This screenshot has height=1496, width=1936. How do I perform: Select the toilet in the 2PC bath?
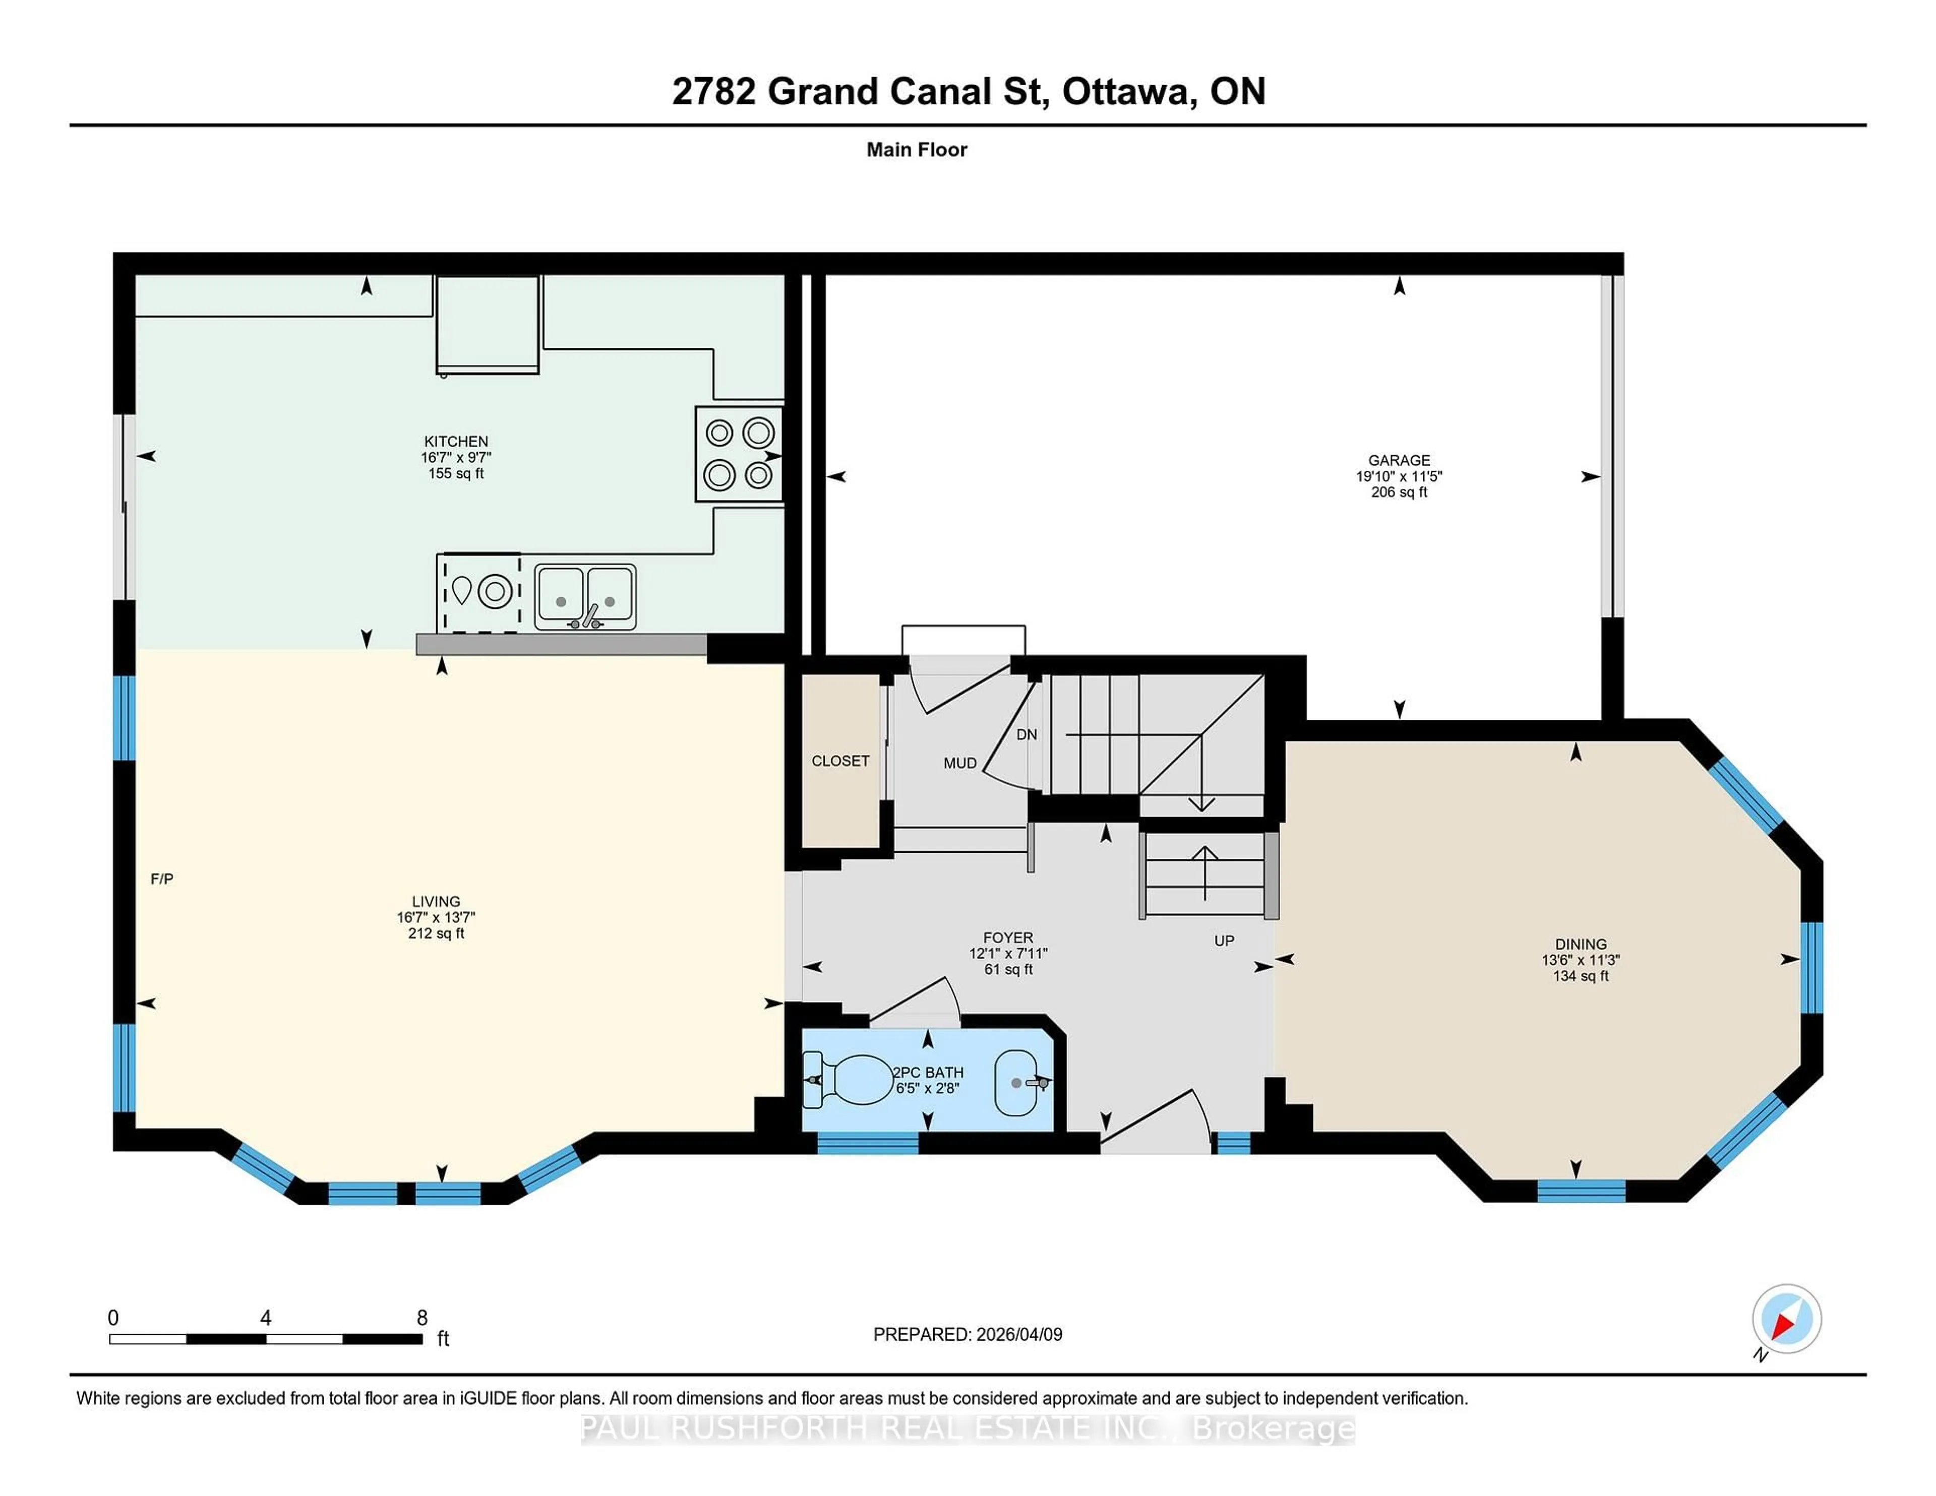click(x=851, y=1080)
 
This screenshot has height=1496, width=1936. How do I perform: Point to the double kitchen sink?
click(x=585, y=596)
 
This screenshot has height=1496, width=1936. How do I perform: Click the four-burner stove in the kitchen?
click(x=739, y=454)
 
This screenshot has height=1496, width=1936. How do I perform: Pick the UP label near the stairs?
click(x=1223, y=941)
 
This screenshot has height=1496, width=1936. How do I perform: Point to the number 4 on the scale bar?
click(x=265, y=1318)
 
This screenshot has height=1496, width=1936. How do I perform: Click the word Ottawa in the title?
click(x=1126, y=91)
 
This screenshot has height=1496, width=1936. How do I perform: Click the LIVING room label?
click(x=435, y=901)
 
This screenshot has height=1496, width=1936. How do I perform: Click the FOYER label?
click(x=1008, y=938)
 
